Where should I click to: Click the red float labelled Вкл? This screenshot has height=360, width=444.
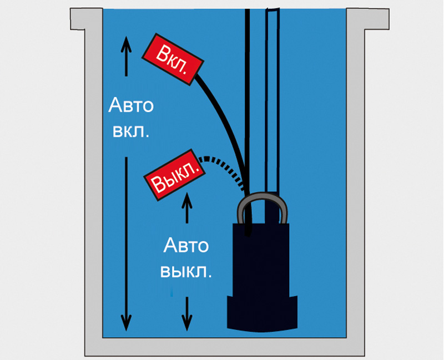(173, 59)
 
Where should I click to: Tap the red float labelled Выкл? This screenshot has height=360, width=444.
(174, 175)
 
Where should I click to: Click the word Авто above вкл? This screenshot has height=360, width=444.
(131, 105)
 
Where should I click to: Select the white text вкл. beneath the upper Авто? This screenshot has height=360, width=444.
(131, 131)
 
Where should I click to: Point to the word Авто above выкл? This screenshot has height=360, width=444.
(186, 245)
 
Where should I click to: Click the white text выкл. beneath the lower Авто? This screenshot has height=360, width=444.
(186, 271)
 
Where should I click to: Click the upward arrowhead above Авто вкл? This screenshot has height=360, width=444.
(127, 45)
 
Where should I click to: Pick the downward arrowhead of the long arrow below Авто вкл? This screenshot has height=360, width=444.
(127, 323)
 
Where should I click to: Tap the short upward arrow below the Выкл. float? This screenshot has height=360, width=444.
(187, 207)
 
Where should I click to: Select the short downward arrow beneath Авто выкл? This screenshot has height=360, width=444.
(187, 313)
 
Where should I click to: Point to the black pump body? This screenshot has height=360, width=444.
(261, 259)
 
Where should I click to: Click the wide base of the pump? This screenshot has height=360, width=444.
(262, 313)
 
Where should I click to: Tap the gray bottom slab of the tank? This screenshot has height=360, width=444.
(225, 347)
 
